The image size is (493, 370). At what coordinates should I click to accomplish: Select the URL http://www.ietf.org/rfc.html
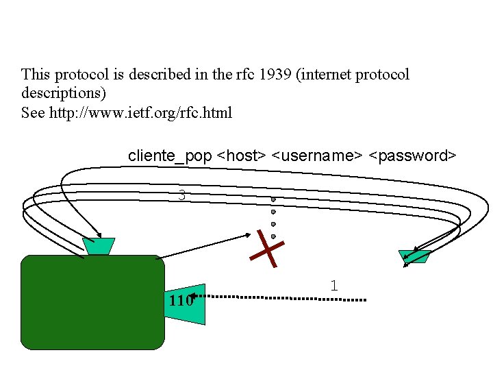point(140,112)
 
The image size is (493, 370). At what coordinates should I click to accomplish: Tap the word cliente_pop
point(170,156)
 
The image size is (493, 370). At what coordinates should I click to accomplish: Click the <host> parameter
point(242,156)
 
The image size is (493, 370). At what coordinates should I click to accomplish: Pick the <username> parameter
point(317,156)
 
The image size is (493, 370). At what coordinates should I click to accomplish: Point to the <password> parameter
point(412,156)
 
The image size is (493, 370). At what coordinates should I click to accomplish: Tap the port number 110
point(179,300)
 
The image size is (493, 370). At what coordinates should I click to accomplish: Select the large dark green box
point(93,302)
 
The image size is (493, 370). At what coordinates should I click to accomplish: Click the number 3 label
point(181,195)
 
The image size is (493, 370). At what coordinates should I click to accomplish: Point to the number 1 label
point(333,286)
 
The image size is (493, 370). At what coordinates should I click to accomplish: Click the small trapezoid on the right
point(415,256)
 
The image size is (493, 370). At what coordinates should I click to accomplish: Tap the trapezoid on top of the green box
point(99,246)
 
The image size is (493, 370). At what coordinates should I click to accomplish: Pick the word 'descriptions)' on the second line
point(64,92)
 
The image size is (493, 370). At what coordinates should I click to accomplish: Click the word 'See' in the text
point(33,112)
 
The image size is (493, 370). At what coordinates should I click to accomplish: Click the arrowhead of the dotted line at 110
point(192,297)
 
